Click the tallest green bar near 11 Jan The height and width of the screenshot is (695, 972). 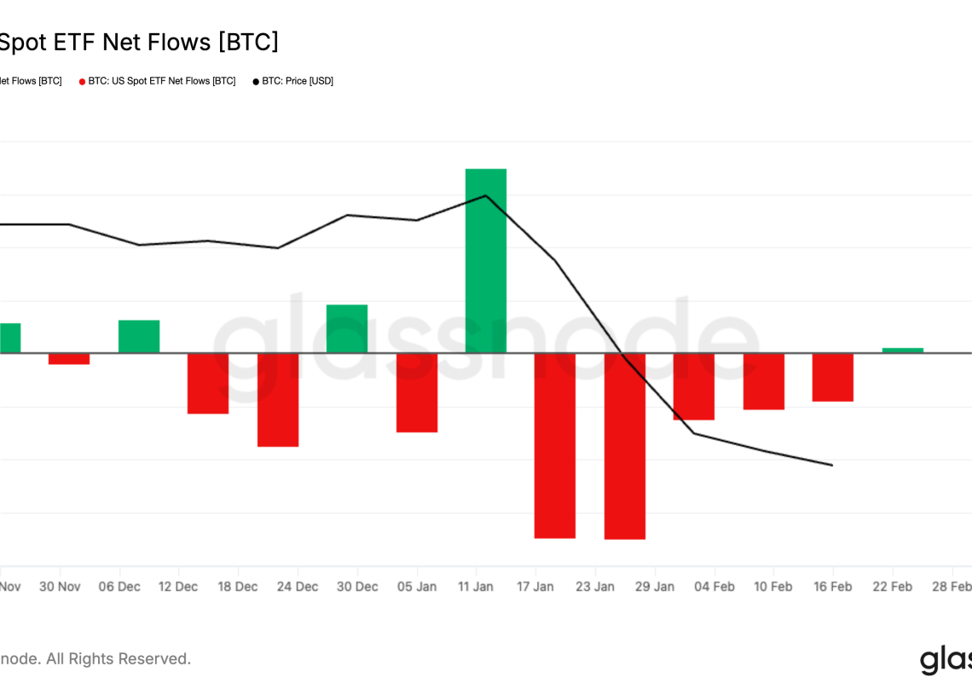[485, 260]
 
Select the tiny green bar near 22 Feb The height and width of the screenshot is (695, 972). [902, 350]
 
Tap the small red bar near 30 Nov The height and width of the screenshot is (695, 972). [69, 358]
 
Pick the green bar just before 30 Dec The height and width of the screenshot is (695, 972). [347, 328]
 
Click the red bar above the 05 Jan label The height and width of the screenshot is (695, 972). [417, 392]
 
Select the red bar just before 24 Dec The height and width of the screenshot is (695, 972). [278, 399]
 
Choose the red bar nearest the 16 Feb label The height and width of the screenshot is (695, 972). [832, 377]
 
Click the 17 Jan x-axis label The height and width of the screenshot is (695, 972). [535, 587]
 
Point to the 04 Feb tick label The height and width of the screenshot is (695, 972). [714, 587]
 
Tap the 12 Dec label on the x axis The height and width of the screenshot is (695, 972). [178, 587]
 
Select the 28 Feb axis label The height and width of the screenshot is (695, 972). [952, 587]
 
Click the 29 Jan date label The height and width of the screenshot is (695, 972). [654, 587]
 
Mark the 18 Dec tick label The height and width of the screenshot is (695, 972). [238, 587]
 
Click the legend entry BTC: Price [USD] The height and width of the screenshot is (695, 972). [298, 81]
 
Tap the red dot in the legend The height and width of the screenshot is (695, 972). [82, 82]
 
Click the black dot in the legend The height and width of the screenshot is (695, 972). [256, 82]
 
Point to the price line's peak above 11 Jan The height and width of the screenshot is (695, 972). [485, 195]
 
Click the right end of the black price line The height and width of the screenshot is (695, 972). [832, 465]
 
